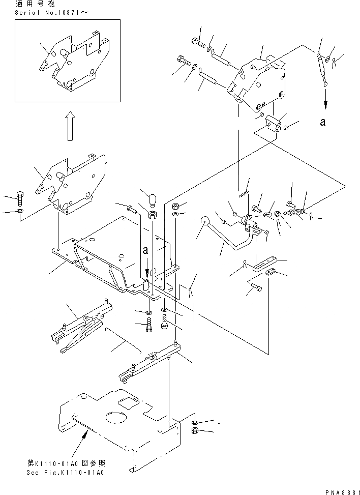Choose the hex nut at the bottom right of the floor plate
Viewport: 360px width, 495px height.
[195, 431]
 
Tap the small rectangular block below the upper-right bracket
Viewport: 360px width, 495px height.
[272, 123]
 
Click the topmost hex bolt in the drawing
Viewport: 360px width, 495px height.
[197, 42]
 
